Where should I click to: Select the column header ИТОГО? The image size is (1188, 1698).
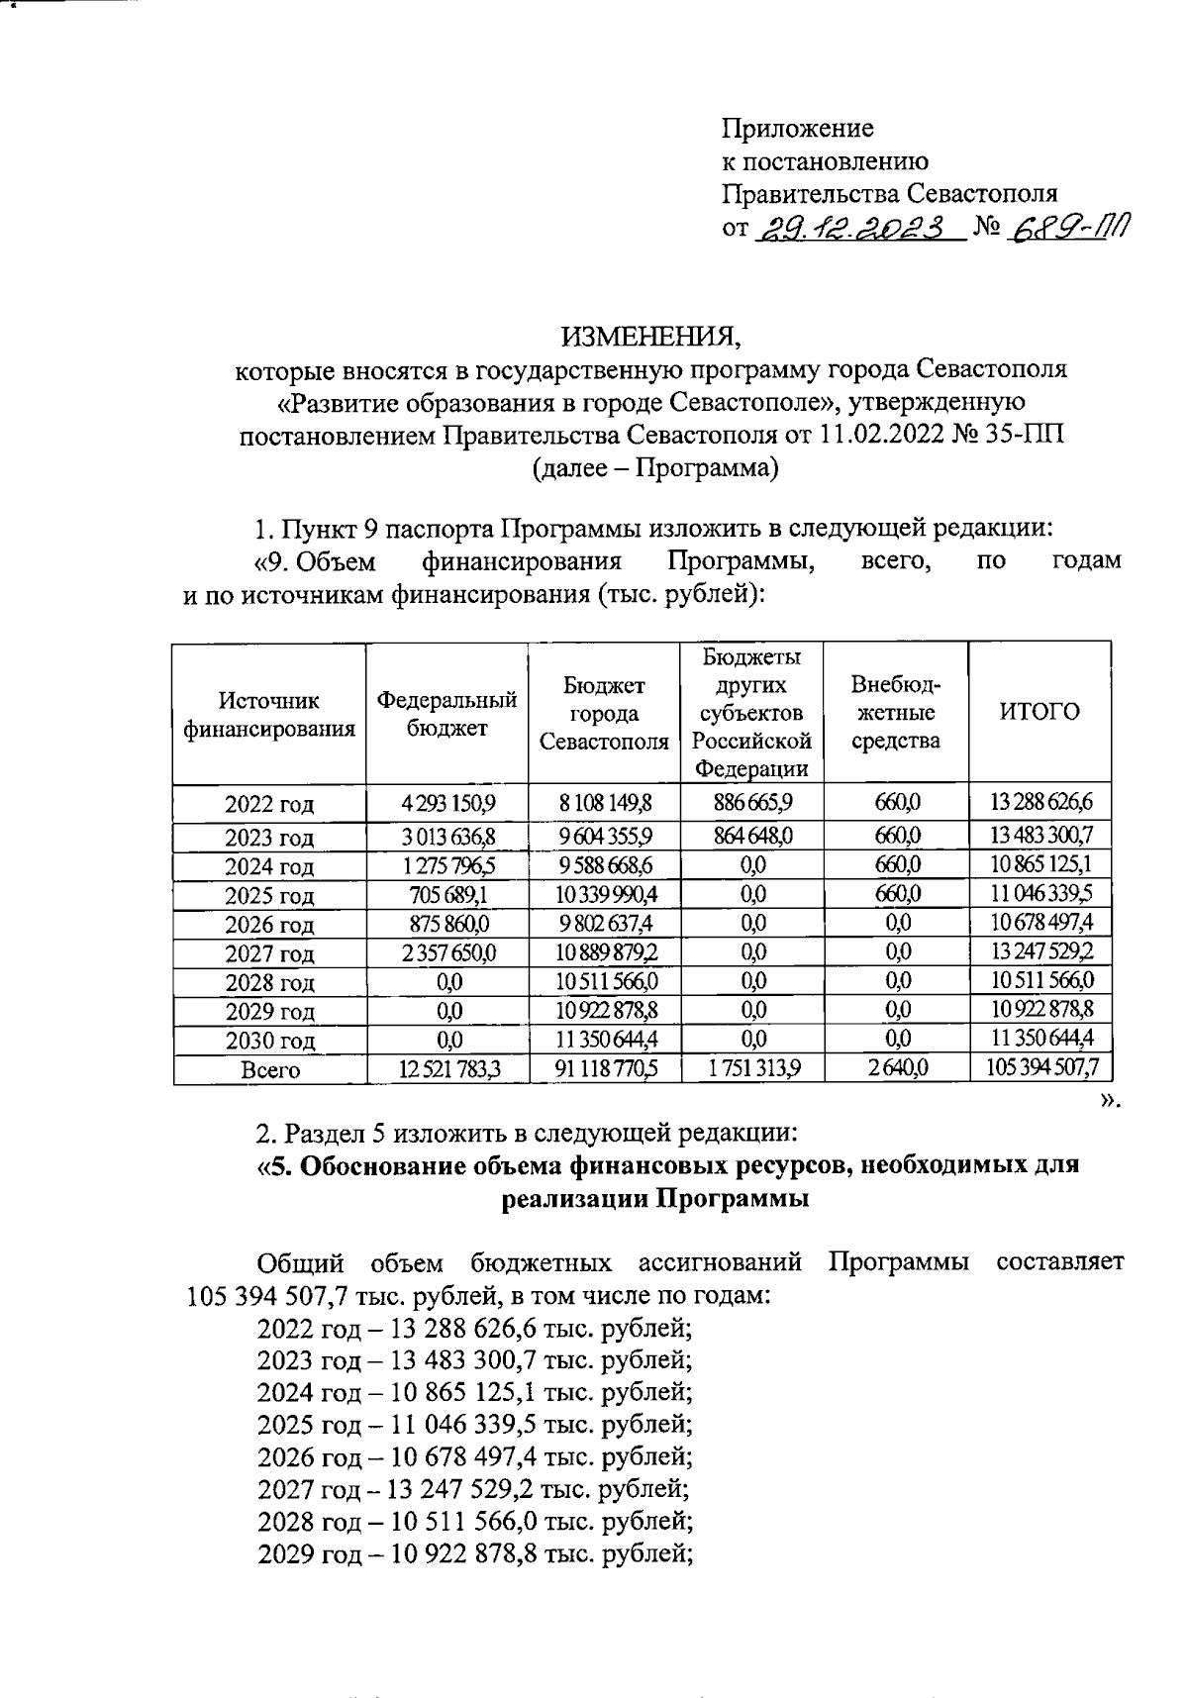pos(1039,711)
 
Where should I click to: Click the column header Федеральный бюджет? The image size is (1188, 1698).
pos(446,713)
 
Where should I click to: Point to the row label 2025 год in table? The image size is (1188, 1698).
pos(269,896)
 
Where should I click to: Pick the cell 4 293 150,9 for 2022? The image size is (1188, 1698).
pos(446,801)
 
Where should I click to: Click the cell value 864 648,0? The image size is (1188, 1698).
pos(751,836)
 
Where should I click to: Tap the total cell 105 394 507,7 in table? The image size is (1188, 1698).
pos(1039,1067)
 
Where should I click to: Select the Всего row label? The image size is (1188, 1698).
pos(269,1070)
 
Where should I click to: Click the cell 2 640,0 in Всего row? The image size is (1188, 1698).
pos(896,1068)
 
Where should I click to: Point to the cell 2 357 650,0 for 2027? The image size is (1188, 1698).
pos(446,952)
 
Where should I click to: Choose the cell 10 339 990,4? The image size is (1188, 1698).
pos(604,894)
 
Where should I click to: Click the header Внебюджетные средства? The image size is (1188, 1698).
pos(896,713)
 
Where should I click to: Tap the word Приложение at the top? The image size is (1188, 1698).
pos(797,128)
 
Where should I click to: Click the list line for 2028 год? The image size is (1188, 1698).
pos(473,1519)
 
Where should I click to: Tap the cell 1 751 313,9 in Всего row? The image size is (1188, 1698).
pos(751,1068)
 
